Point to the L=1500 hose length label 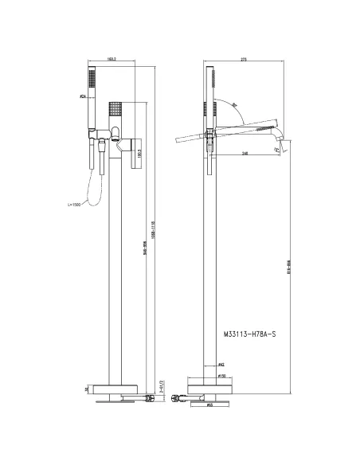point(75,205)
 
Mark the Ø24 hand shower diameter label point(83,96)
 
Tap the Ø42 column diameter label point(219,365)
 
